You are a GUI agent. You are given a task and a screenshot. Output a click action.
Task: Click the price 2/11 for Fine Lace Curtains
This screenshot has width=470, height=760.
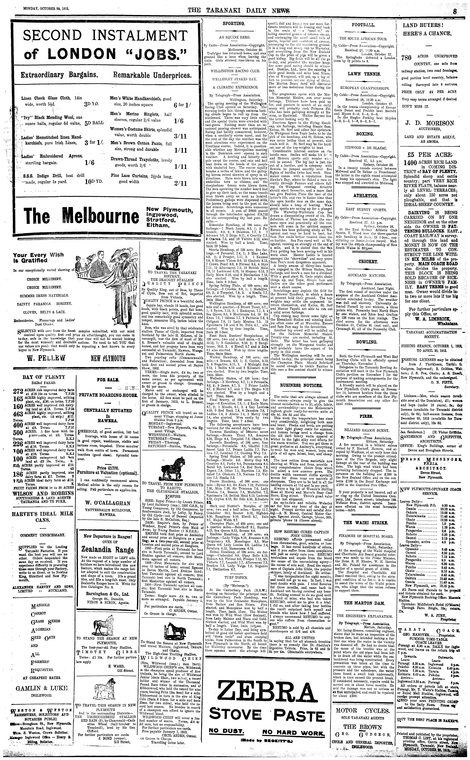coord(181,183)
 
